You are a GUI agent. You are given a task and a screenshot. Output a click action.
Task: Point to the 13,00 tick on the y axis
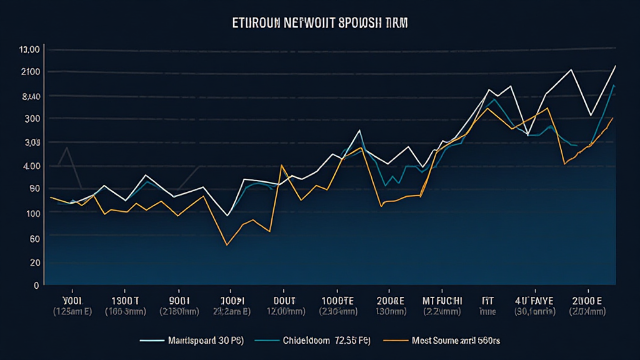click(30, 49)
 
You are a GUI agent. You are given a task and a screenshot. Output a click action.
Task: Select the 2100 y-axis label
click(30, 72)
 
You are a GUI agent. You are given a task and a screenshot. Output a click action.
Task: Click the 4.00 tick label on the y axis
click(30, 166)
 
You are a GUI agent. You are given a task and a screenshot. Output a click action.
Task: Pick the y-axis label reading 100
click(31, 213)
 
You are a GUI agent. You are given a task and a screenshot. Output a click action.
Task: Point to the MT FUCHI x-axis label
click(442, 299)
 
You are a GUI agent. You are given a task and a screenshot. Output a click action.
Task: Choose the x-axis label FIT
click(487, 299)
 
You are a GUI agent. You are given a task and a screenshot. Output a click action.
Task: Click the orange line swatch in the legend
click(392, 341)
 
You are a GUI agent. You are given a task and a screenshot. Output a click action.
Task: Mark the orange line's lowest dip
click(226, 245)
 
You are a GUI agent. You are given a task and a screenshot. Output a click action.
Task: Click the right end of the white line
click(616, 66)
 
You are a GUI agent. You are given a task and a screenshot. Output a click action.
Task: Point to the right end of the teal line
click(615, 86)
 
